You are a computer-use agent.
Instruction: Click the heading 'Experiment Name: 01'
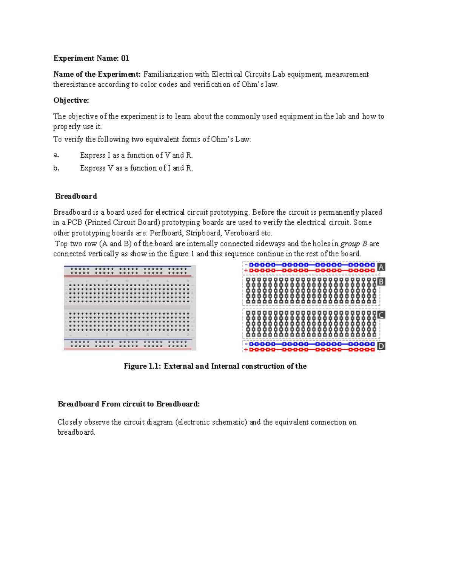(91, 58)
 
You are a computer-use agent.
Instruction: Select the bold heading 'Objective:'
(71, 100)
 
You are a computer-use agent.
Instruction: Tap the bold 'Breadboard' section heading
(76, 196)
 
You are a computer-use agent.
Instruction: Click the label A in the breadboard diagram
(381, 267)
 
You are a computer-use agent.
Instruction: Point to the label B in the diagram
(381, 281)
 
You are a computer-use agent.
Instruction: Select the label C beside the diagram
(381, 315)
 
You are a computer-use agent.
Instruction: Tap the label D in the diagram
(381, 346)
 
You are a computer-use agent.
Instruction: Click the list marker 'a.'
(56, 155)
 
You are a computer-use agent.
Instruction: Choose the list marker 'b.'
(56, 168)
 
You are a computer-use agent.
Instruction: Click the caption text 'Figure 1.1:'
(142, 366)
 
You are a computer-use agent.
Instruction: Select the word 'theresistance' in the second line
(74, 85)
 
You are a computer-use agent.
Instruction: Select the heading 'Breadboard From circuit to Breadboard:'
(128, 404)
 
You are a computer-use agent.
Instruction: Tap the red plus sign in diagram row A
(246, 271)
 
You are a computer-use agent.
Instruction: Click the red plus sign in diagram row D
(246, 350)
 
